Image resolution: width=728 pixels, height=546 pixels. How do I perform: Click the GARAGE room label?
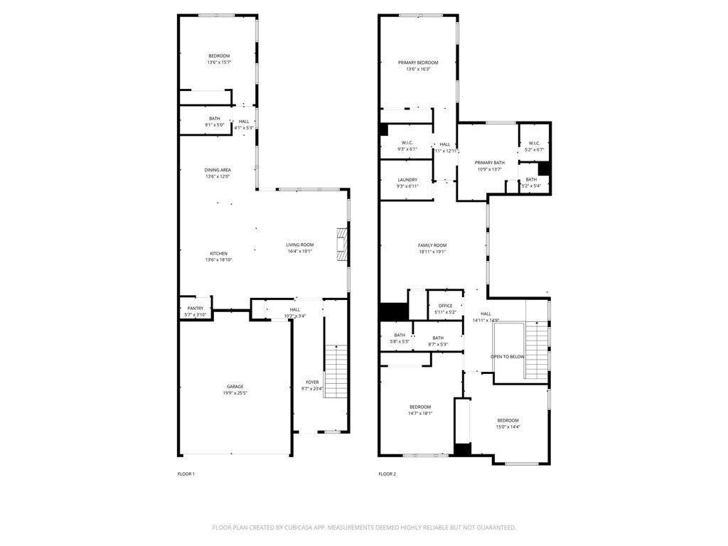[235, 387]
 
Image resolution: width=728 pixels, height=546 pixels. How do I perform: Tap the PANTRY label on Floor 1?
[195, 309]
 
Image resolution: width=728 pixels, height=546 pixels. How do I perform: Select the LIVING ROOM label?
[299, 245]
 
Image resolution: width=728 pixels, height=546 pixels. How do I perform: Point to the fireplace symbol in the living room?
[342, 245]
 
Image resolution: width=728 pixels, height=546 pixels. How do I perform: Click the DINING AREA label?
[218, 170]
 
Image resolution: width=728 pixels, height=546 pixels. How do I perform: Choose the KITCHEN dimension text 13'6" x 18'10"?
[218, 260]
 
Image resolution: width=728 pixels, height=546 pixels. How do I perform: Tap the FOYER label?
[312, 382]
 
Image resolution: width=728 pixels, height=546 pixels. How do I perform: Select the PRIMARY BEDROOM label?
[417, 63]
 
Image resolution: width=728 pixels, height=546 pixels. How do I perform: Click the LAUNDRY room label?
[407, 180]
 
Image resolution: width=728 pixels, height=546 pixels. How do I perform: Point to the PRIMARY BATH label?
[489, 163]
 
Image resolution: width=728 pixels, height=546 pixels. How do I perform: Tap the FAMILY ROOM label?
[432, 245]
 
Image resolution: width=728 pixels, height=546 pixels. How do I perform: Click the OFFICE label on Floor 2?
[445, 306]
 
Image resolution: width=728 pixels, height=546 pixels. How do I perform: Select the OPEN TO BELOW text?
[508, 357]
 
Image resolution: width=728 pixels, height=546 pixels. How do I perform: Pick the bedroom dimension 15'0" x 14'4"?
[508, 427]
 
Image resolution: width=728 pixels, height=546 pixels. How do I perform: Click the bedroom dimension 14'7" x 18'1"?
[419, 414]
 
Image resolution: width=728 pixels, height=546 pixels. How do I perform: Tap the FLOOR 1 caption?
[186, 474]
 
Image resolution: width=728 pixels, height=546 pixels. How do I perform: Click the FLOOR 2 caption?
[387, 474]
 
